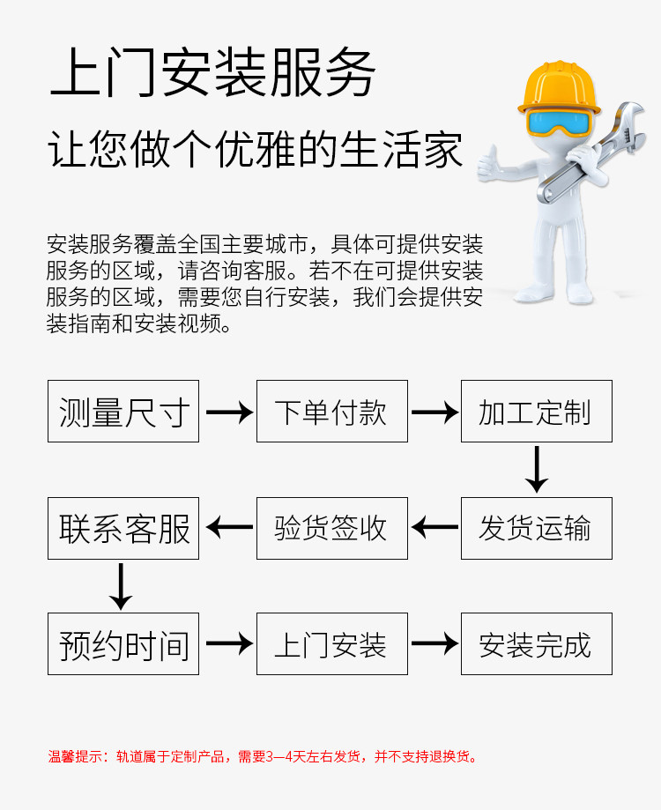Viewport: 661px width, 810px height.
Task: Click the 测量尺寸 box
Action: pos(123,412)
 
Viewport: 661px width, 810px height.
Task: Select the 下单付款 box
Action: pos(332,412)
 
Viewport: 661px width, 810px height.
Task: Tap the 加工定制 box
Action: pos(537,412)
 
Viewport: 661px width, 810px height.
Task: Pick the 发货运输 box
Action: pos(537,528)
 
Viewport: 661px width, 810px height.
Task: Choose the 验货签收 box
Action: pos(332,528)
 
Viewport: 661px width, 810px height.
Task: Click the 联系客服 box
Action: pos(123,528)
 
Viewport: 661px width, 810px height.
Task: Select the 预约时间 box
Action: pos(123,643)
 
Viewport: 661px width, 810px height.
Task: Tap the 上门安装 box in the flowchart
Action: pos(332,643)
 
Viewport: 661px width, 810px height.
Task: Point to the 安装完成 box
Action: pos(537,643)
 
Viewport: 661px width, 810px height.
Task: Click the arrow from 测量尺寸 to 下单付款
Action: pos(229,412)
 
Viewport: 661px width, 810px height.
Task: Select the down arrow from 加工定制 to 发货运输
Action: pos(537,469)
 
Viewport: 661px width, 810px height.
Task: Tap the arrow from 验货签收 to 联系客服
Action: pos(229,527)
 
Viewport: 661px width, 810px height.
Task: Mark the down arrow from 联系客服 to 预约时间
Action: pos(121,586)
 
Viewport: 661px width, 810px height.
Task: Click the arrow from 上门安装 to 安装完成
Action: pos(434,643)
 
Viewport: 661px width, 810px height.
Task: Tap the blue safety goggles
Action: pos(559,122)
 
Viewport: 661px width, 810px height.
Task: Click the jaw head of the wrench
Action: pos(630,127)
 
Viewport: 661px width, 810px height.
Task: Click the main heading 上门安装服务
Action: pos(212,72)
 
